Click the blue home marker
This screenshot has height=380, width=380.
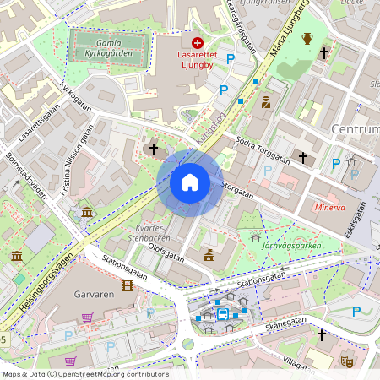(x=190, y=182)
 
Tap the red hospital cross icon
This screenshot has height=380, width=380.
(x=198, y=42)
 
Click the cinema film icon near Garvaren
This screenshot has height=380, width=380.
(x=128, y=286)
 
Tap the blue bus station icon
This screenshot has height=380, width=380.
(x=223, y=315)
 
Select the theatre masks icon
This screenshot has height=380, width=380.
(x=345, y=361)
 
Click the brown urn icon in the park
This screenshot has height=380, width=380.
(x=307, y=38)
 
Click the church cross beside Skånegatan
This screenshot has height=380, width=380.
(x=321, y=335)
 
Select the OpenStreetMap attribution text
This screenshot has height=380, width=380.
(x=84, y=374)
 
